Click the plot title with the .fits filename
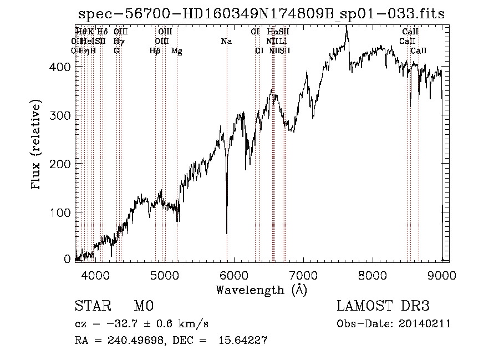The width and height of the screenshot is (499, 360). tap(261, 14)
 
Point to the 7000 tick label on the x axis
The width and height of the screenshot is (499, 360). tap(303, 274)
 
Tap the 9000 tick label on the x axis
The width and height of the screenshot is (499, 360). tap(442, 274)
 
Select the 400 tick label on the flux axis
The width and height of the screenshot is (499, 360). tap(62, 67)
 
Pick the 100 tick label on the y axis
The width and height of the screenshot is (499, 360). tap(62, 212)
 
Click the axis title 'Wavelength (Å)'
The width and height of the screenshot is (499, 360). tap(261, 290)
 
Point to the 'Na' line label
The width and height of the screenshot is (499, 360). tap(226, 41)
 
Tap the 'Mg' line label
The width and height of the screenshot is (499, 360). tap(176, 51)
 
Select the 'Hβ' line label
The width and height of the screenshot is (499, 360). tap(155, 51)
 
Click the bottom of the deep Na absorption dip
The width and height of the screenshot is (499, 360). tap(227, 233)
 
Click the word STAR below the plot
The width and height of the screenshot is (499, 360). tap(92, 306)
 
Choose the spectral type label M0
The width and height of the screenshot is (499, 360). tap(143, 306)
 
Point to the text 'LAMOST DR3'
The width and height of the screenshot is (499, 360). tap(383, 306)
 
